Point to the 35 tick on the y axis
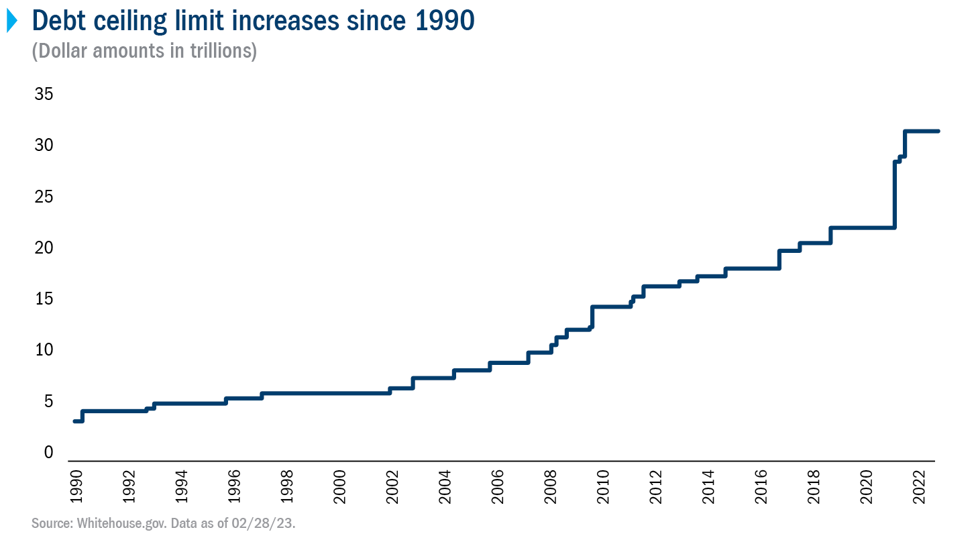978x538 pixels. click(x=44, y=95)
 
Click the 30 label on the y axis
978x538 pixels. click(x=44, y=146)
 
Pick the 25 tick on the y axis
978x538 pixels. click(x=44, y=197)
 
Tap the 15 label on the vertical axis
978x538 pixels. click(x=44, y=299)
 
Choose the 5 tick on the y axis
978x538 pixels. click(x=48, y=402)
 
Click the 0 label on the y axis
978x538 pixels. click(x=48, y=453)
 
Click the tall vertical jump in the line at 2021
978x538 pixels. click(x=895, y=195)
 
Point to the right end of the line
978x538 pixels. click(x=937, y=131)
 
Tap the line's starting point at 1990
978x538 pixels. click(x=74, y=421)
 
